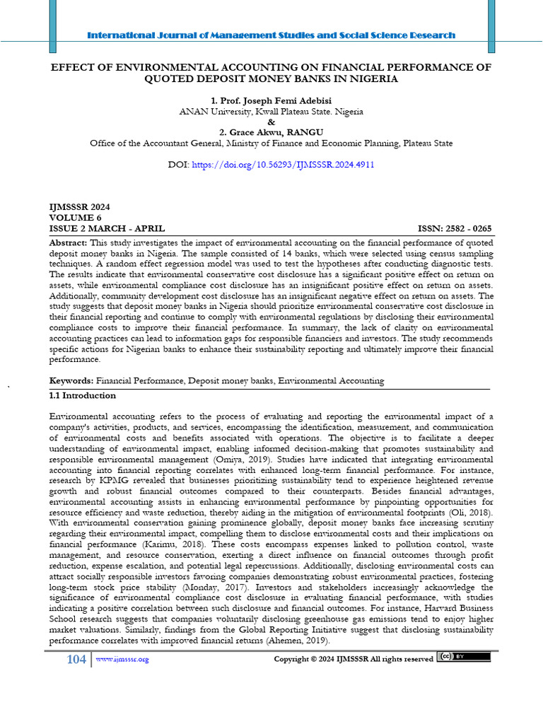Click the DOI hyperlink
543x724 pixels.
pyautogui.click(x=283, y=164)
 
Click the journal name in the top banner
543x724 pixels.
pyautogui.click(x=271, y=35)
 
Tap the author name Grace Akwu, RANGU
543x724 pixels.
pyautogui.click(x=271, y=132)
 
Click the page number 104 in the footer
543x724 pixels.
pyautogui.click(x=76, y=659)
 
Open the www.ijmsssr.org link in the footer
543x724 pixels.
pyautogui.click(x=122, y=659)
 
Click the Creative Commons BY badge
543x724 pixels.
pyautogui.click(x=464, y=657)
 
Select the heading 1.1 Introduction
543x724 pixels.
pyautogui.click(x=83, y=396)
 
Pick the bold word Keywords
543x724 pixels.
pyautogui.click(x=71, y=380)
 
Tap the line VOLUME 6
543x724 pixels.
pyautogui.click(x=76, y=218)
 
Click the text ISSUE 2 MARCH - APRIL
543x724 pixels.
pyautogui.click(x=107, y=228)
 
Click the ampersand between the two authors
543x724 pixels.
pyautogui.click(x=271, y=122)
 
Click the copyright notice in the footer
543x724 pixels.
pyautogui.click(x=353, y=659)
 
